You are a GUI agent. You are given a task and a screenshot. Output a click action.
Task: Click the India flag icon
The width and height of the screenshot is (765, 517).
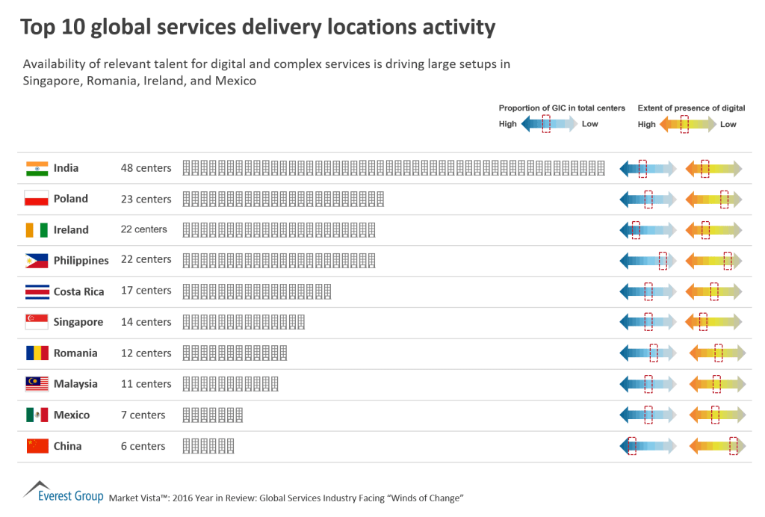[x=37, y=168]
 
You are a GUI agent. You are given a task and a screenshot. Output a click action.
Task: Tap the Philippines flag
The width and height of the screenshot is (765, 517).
[x=37, y=261]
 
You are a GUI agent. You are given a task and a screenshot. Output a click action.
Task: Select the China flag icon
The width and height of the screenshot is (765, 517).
[x=37, y=446]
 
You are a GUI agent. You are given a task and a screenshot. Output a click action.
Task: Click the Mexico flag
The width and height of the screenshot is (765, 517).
[x=37, y=415]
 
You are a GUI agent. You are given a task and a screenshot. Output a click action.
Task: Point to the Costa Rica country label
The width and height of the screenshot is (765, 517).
[x=78, y=291]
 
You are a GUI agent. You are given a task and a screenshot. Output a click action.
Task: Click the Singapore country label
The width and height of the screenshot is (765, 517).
[x=78, y=322]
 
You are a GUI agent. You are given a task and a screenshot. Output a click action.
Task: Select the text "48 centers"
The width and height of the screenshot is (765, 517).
[x=146, y=168]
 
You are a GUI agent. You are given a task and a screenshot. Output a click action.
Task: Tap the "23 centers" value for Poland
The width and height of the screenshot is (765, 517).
[x=146, y=199]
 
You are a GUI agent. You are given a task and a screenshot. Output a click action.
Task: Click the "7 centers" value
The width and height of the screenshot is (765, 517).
[x=143, y=415]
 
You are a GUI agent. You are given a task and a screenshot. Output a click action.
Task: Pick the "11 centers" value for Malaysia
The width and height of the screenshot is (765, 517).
[x=146, y=384]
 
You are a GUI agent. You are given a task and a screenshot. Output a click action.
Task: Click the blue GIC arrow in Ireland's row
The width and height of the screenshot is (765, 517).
[x=648, y=230]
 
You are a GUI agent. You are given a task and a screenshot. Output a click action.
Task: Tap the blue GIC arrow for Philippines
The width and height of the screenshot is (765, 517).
[x=648, y=261]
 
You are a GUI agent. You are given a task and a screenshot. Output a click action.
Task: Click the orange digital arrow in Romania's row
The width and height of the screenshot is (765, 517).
[x=717, y=353]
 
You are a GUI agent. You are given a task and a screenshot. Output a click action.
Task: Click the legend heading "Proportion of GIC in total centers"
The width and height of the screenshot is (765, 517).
[x=562, y=108]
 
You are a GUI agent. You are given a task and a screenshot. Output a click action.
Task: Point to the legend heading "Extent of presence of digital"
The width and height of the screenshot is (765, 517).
[x=691, y=108]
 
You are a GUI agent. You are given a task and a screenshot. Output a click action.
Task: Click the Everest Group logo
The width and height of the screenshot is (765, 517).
[x=63, y=493]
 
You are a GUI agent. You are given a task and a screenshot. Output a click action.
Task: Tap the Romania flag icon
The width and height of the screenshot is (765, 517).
[x=37, y=353]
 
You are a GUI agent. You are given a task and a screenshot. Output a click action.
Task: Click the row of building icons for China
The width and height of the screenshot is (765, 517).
[x=208, y=446]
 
